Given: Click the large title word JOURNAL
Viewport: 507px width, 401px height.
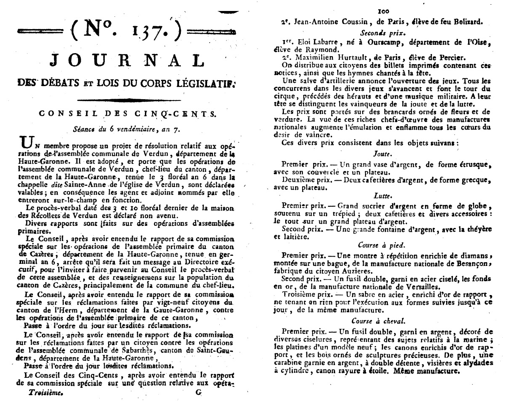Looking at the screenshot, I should coord(127,61).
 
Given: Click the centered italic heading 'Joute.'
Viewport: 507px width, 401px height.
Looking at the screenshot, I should coord(382,154).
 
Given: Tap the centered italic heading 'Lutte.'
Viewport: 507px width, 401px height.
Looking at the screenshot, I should coord(382,196).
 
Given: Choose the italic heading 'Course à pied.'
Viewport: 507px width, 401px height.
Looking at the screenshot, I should coord(382,244).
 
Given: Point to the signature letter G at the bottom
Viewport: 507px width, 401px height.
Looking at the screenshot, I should coord(199,391).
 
